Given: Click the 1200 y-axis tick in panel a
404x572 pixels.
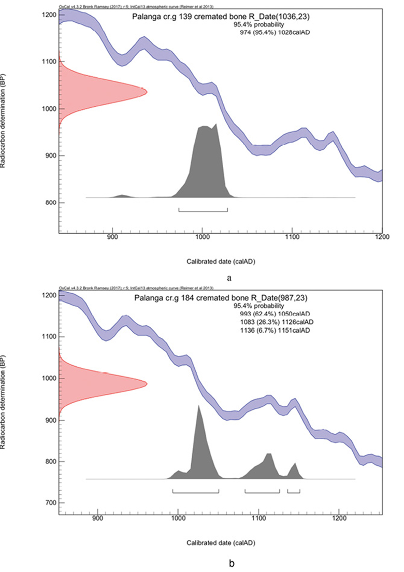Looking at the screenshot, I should [x=50, y=15].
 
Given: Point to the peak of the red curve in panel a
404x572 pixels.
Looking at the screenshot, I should [x=147, y=92].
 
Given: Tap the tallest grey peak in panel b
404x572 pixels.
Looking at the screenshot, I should [x=198, y=407].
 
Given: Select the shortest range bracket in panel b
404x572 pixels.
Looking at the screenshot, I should [x=293, y=490].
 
